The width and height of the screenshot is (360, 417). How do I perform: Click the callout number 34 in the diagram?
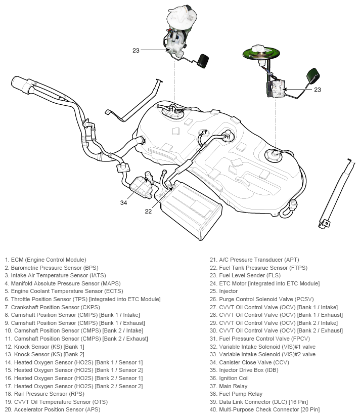(123, 203)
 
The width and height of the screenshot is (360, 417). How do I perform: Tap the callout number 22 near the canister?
(148, 212)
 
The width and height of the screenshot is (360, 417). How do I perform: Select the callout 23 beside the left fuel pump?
(136, 50)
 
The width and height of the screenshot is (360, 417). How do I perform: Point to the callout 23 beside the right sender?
(318, 90)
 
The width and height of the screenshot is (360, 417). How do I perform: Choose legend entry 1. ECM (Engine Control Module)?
(46, 260)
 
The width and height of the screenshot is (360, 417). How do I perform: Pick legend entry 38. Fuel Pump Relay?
(241, 394)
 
